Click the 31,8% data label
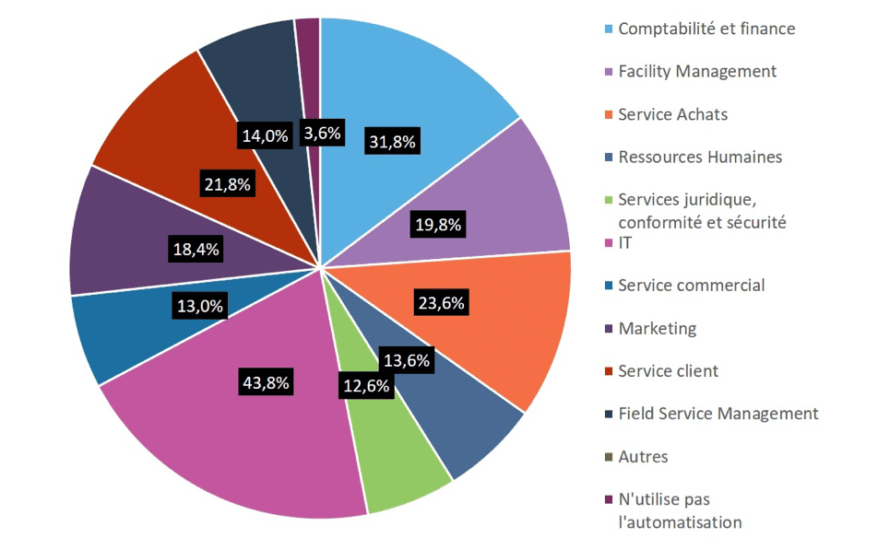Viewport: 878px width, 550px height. pyautogui.click(x=393, y=142)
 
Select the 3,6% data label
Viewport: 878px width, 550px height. pyautogui.click(x=323, y=134)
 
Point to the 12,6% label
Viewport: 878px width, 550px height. pyautogui.click(x=366, y=387)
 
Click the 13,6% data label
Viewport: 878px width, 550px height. pyautogui.click(x=406, y=361)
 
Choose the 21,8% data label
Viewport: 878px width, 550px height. pyautogui.click(x=226, y=184)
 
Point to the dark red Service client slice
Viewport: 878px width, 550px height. pyautogui.click(x=166, y=129)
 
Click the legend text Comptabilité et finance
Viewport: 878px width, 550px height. pyautogui.click(x=706, y=29)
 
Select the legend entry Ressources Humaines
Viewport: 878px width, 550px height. pyautogui.click(x=700, y=157)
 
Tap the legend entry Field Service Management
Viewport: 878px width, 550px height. pyautogui.click(x=718, y=414)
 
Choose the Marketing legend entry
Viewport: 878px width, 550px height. pyautogui.click(x=658, y=328)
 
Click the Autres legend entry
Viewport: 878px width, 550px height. pyautogui.click(x=644, y=456)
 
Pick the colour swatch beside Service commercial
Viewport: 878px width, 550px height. pyautogui.click(x=607, y=286)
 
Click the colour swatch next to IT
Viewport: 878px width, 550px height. pyautogui.click(x=607, y=243)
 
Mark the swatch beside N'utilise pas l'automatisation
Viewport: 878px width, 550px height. pyautogui.click(x=607, y=500)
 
